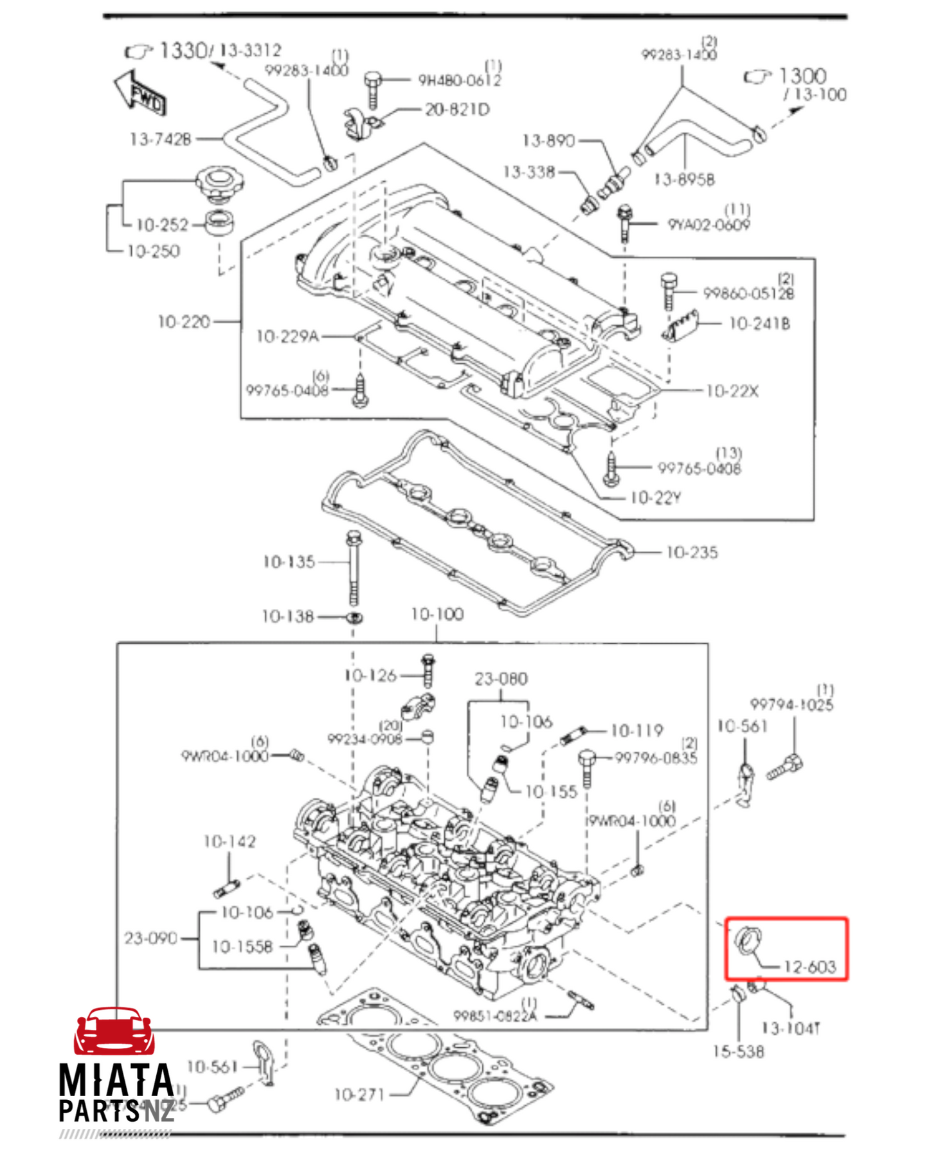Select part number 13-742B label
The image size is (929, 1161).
(160, 139)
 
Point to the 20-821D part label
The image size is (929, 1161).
(456, 109)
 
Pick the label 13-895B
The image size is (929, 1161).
(683, 179)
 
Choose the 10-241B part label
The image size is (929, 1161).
(759, 323)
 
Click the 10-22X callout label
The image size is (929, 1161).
(732, 391)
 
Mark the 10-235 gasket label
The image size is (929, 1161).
(692, 552)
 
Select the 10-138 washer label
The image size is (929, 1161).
(287, 616)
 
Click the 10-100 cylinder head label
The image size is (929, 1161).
(437, 615)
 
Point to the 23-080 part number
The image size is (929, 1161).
(501, 679)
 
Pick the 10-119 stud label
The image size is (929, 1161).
(636, 731)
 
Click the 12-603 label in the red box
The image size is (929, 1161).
(809, 967)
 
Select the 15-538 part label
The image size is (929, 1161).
(738, 1052)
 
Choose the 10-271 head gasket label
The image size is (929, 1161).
(359, 1094)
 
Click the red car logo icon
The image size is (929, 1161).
(114, 1031)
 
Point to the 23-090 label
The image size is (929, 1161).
(150, 939)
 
